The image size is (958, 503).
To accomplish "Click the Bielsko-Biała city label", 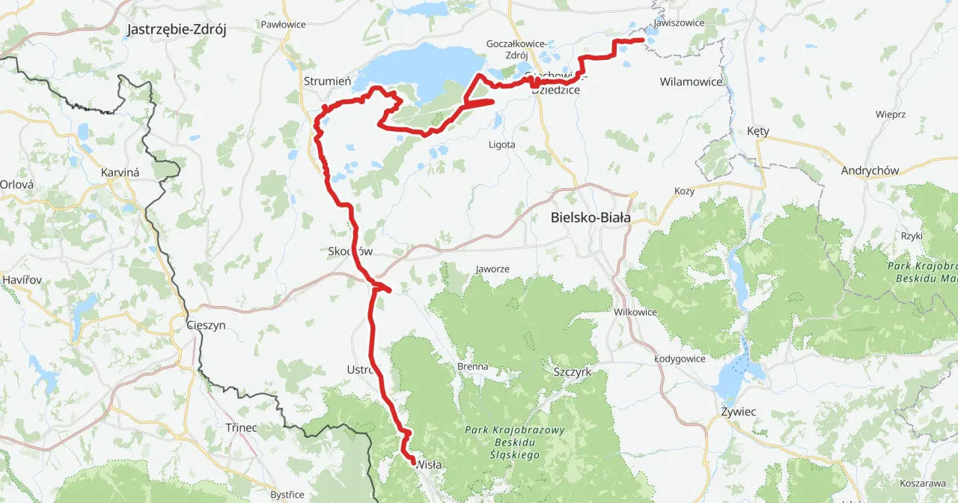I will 590,218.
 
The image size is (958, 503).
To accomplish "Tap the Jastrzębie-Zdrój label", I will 177,30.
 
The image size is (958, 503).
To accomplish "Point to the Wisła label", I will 429,464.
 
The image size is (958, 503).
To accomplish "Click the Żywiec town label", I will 738,412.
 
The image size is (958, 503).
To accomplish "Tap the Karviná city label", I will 120,172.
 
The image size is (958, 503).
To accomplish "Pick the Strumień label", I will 323,81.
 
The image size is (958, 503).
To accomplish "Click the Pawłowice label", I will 283,25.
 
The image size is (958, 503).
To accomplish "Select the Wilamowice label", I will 691,81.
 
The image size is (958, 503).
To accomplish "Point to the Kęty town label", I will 758,131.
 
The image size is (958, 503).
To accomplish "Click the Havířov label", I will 22,279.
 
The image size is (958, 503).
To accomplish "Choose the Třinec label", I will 241,427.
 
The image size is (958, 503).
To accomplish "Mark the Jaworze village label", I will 492,269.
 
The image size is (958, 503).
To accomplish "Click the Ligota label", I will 501,144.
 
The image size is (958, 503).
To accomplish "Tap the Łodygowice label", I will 680,359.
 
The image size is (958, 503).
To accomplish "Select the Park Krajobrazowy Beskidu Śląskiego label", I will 503,442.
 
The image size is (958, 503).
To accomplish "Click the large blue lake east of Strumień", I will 419,67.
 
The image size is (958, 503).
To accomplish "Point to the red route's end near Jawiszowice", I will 641,40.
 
